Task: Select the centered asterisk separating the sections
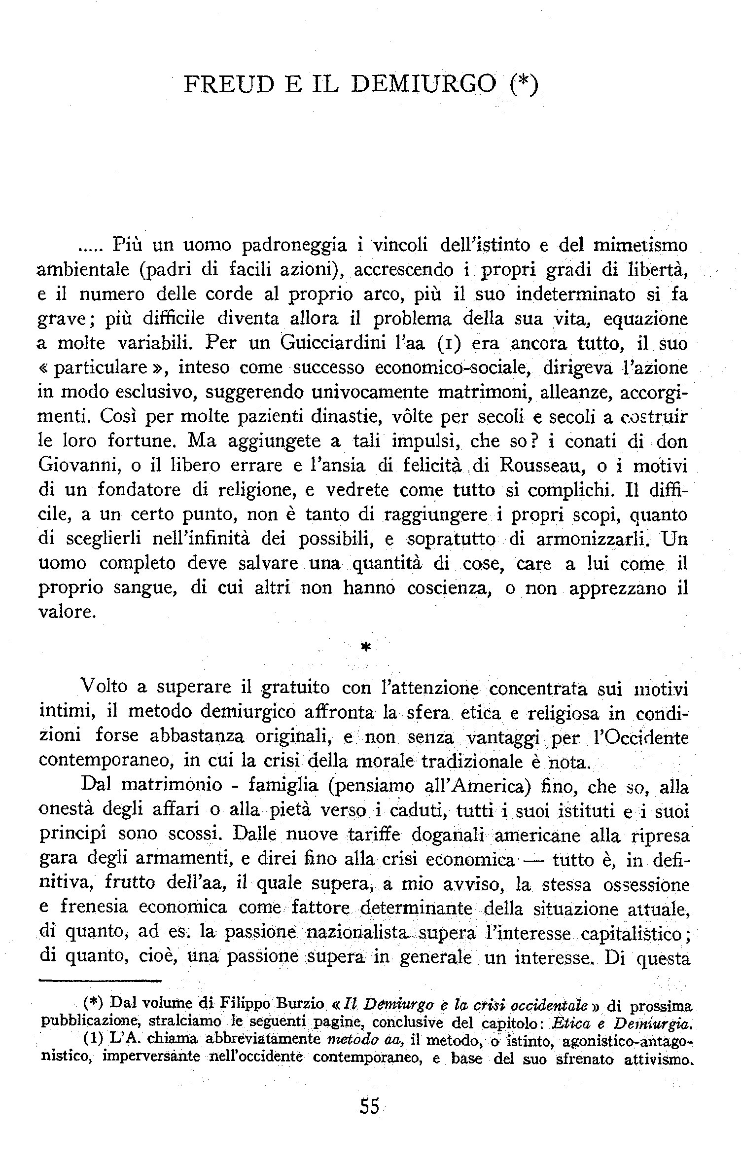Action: [365, 648]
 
